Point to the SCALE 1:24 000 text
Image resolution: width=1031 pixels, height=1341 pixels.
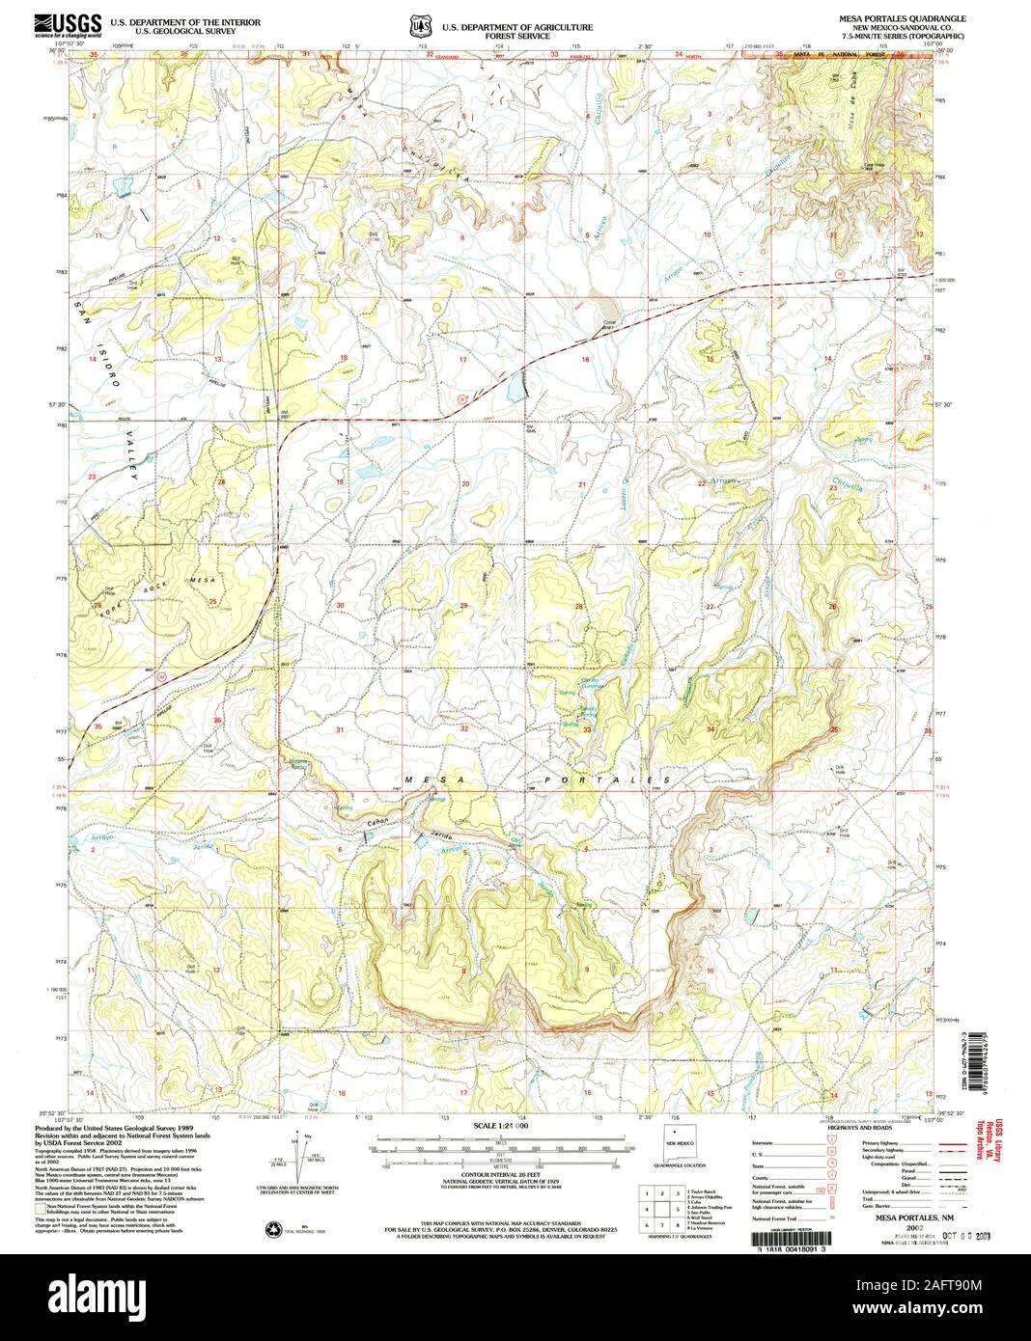pos(503,1126)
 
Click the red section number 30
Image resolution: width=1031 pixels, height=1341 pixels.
pos(340,606)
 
